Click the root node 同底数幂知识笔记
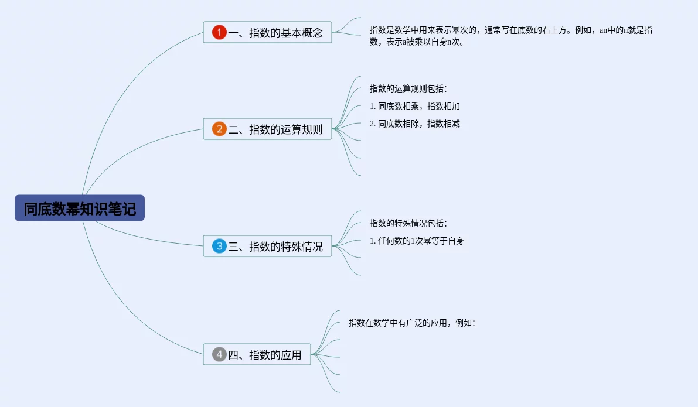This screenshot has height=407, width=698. [x=80, y=208]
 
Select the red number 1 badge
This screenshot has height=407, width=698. [x=219, y=33]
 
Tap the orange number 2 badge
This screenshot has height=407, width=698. [x=219, y=129]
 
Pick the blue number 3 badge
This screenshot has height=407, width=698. [x=219, y=246]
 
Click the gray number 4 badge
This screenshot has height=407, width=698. [x=219, y=354]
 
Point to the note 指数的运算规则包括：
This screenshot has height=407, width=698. [x=408, y=89]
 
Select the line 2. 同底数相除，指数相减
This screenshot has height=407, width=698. [x=415, y=124]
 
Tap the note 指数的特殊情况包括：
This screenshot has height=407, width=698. [x=408, y=223]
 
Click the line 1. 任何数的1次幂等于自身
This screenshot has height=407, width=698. [x=417, y=241]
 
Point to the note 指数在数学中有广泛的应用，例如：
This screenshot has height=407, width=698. [x=411, y=323]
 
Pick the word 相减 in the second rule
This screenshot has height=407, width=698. [x=452, y=124]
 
